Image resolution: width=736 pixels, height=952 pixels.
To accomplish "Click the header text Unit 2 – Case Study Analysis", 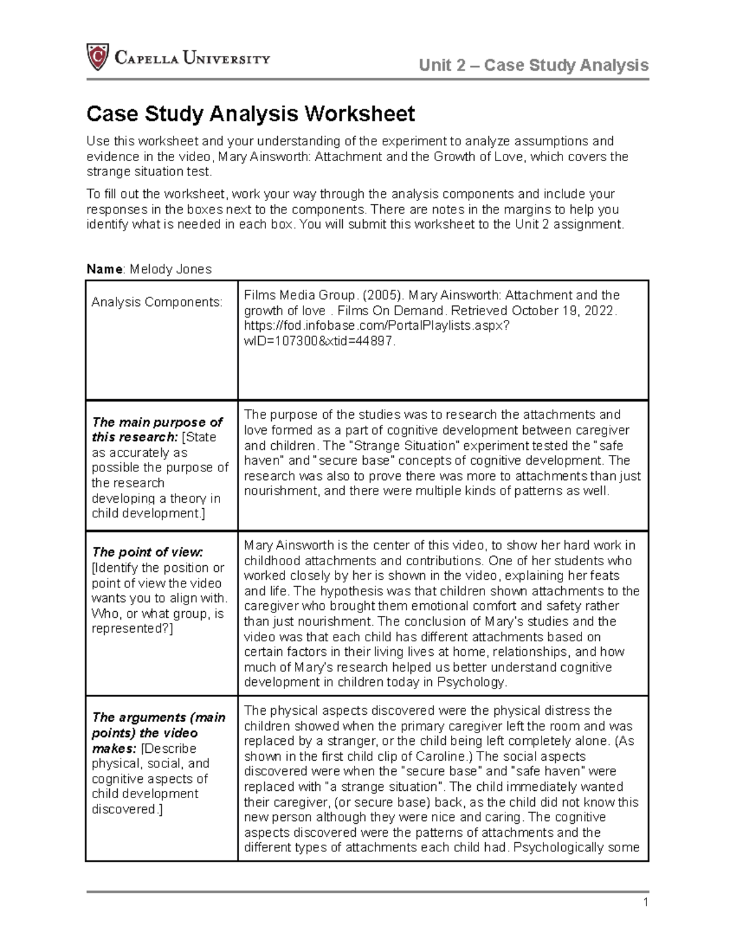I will tap(534, 65).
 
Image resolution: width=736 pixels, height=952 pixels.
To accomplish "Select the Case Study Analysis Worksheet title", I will tap(250, 113).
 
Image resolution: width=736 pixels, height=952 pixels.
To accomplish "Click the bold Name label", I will tap(104, 269).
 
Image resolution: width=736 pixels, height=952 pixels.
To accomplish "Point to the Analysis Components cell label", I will tap(157, 302).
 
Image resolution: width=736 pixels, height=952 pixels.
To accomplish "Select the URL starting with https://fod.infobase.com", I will tap(376, 326).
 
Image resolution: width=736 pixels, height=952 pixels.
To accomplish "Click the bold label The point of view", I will tap(147, 552).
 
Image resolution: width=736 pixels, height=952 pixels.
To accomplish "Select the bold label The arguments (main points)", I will tap(158, 725).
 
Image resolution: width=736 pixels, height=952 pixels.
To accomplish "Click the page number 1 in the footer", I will tap(645, 902).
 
